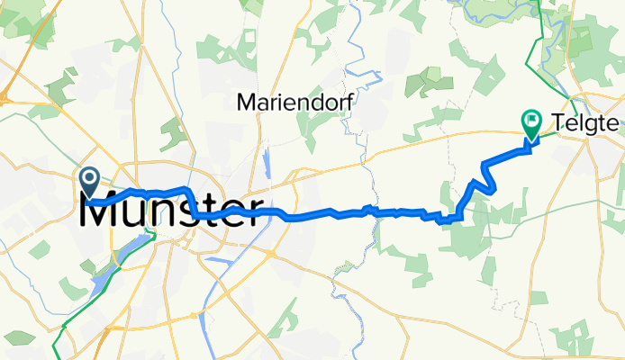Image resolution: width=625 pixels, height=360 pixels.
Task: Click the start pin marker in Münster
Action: click(x=90, y=178)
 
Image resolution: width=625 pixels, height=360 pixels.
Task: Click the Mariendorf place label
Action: click(x=294, y=103)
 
